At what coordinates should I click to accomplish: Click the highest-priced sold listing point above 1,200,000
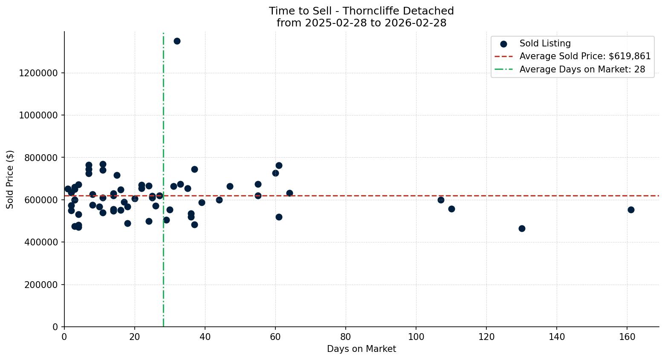(x=177, y=41)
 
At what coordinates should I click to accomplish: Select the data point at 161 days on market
(x=631, y=210)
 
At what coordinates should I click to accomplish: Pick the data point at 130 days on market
(x=522, y=228)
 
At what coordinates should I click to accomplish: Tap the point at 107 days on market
(x=441, y=200)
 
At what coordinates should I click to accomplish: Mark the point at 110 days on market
(x=451, y=209)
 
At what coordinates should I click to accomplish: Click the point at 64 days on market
(x=289, y=193)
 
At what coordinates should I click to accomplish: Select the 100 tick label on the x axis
(x=416, y=337)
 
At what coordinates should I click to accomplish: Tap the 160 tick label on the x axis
(x=627, y=337)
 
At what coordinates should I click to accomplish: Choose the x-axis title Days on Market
(x=361, y=349)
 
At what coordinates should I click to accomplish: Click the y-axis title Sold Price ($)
(x=10, y=179)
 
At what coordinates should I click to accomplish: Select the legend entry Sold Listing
(x=545, y=43)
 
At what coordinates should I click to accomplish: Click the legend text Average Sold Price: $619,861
(x=585, y=56)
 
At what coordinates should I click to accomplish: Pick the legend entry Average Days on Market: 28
(x=582, y=69)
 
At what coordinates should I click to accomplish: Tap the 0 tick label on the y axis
(x=55, y=327)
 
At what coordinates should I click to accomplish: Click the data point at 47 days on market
(x=230, y=186)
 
